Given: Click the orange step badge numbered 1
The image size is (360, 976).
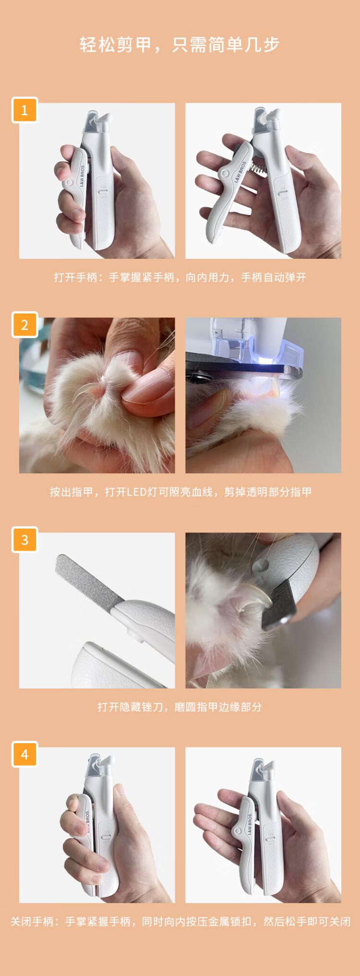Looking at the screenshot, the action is click(x=24, y=110).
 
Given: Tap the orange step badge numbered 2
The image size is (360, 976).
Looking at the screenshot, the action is click(x=24, y=325).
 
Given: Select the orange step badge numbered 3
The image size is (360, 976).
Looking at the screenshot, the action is click(x=24, y=540).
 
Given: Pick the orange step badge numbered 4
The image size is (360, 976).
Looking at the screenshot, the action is click(x=24, y=754).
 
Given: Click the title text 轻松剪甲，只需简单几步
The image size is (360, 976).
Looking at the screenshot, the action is click(x=180, y=45).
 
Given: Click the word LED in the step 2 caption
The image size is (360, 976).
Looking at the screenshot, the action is click(x=142, y=492).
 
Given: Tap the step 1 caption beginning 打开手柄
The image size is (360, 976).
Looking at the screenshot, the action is click(x=180, y=277).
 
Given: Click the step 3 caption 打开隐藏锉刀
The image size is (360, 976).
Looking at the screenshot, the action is click(x=180, y=707).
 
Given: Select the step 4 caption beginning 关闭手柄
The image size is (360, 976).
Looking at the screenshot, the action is click(x=180, y=922).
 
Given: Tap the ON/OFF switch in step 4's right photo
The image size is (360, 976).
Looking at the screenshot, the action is click(x=270, y=838).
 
